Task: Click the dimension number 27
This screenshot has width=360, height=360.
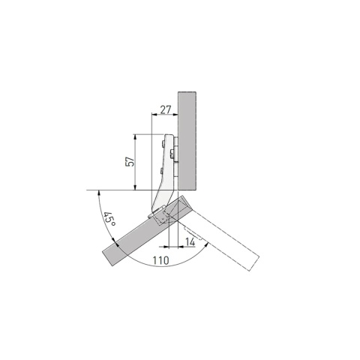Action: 166,109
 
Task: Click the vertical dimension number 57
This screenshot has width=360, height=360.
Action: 130,162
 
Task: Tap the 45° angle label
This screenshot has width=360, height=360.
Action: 109,219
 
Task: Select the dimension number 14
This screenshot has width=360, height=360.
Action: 190,241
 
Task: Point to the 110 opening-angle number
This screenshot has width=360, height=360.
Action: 160,260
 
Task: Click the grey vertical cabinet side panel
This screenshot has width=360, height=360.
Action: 187,141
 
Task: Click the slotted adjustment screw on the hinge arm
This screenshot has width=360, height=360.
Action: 172,153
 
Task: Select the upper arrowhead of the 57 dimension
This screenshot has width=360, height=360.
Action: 135,137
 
